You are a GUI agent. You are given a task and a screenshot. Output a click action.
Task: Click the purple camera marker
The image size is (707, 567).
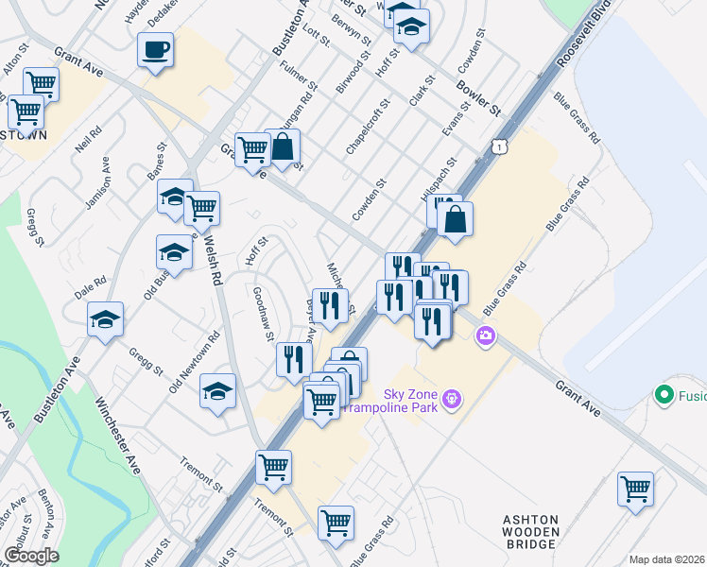coord(486,335)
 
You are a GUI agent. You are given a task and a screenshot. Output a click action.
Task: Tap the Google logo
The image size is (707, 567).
coord(30,555)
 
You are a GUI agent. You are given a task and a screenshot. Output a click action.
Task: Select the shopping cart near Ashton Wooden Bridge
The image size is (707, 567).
coord(635,489)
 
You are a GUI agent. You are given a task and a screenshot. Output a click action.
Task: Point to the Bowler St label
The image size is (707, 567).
coord(477,98)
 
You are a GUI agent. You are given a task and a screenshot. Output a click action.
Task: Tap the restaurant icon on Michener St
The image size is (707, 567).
coord(330,305)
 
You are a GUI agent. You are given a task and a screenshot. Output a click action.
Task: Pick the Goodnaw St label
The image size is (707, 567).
coord(264,314)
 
